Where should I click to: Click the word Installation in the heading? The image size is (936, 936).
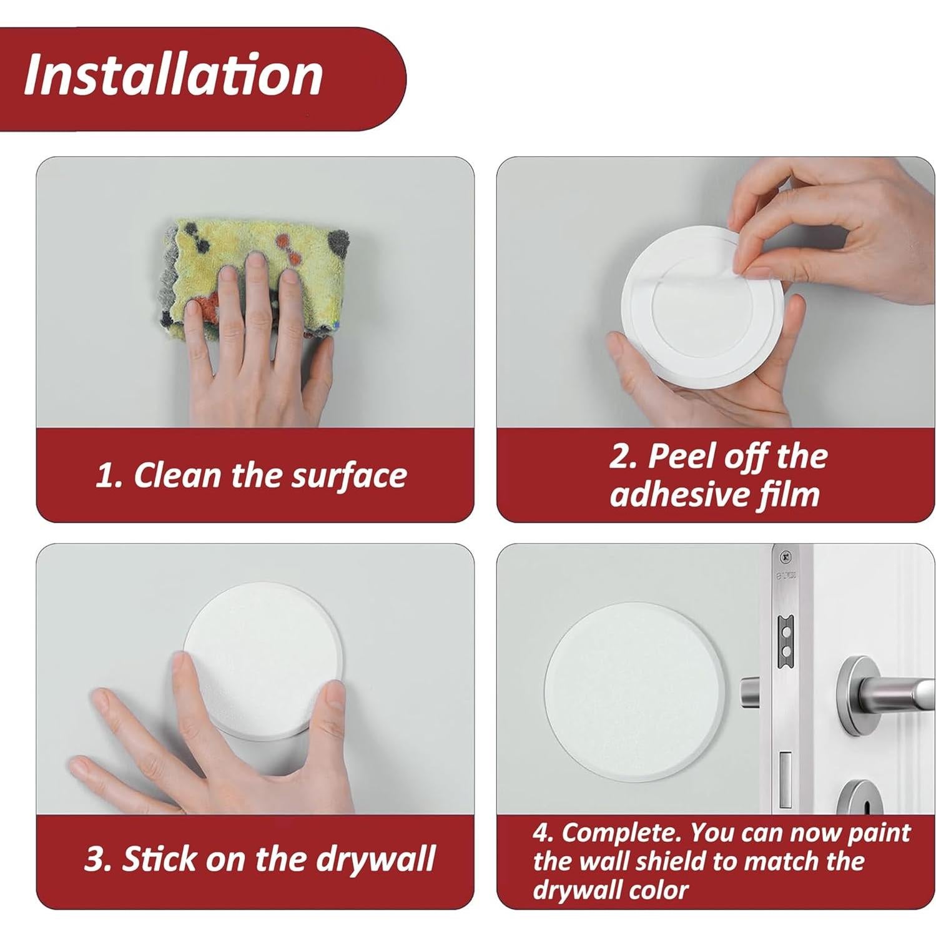(x=173, y=76)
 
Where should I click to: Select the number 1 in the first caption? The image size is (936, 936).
(x=107, y=476)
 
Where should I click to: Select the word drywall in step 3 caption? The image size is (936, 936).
(x=375, y=859)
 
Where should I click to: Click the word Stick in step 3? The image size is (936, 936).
(x=159, y=859)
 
